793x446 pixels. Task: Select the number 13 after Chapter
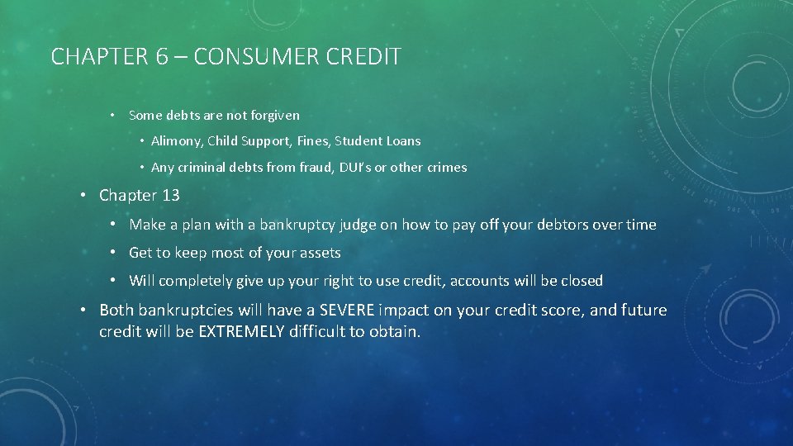(x=170, y=196)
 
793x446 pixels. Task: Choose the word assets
(x=319, y=253)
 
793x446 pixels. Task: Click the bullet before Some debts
(x=112, y=116)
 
